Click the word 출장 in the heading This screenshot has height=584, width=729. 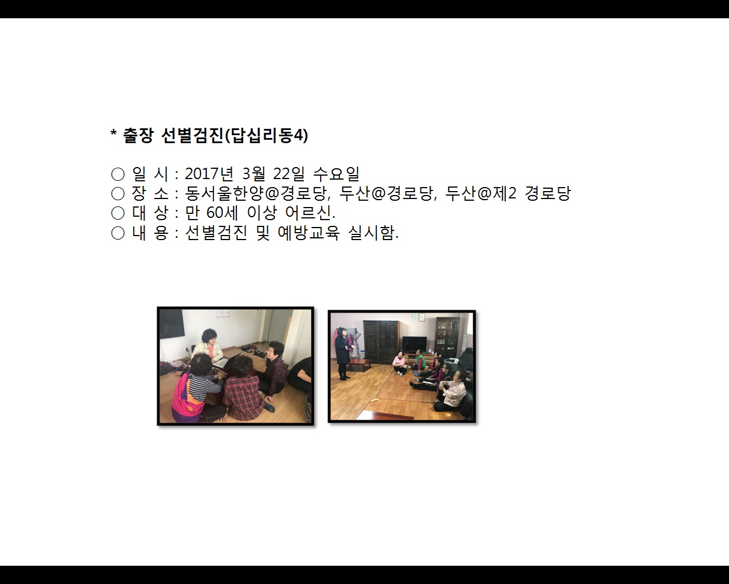[x=138, y=135]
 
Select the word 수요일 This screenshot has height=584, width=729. [x=336, y=173]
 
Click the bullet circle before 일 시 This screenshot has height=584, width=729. [x=118, y=174]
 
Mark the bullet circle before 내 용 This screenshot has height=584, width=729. [x=118, y=233]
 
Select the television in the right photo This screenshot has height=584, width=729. [x=414, y=344]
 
